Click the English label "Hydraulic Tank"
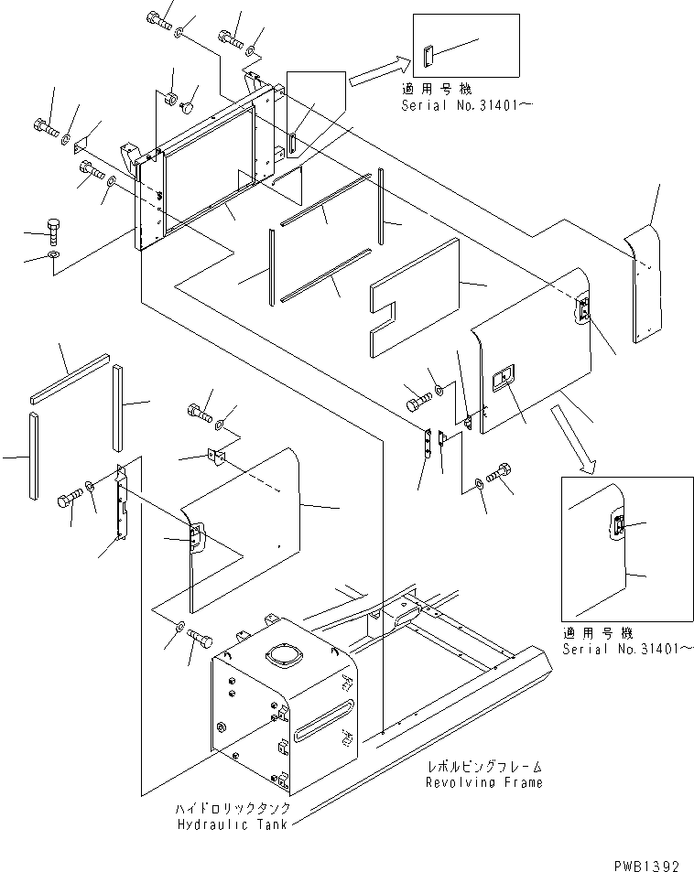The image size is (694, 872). coord(233,824)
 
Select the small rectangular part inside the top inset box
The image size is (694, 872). coord(428,57)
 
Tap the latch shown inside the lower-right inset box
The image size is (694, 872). coord(618,526)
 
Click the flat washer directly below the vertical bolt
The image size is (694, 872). coord(54,253)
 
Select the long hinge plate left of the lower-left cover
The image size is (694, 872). coord(122,508)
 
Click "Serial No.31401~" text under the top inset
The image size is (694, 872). coord(467,105)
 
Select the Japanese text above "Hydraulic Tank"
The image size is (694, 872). coord(233,810)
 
